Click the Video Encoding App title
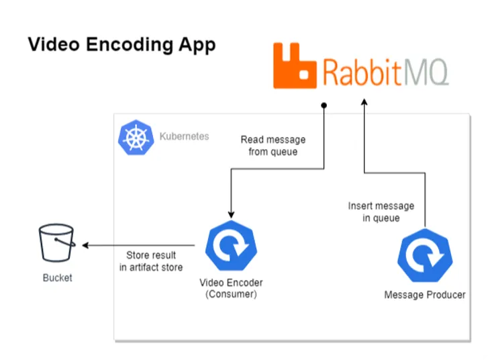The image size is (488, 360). (121, 45)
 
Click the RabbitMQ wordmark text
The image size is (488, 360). (385, 71)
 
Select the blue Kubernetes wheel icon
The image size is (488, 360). (136, 138)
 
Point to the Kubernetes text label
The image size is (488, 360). (184, 136)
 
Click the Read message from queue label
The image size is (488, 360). (273, 146)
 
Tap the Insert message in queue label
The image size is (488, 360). (381, 212)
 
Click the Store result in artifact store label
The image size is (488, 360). (151, 261)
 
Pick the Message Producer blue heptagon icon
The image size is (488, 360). (424, 257)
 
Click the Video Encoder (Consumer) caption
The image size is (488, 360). (232, 288)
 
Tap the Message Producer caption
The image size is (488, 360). (424, 295)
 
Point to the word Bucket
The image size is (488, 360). (57, 277)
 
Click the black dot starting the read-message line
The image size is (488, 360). (324, 105)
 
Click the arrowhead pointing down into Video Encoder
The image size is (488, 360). (231, 213)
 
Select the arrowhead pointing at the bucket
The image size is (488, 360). (85, 245)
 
